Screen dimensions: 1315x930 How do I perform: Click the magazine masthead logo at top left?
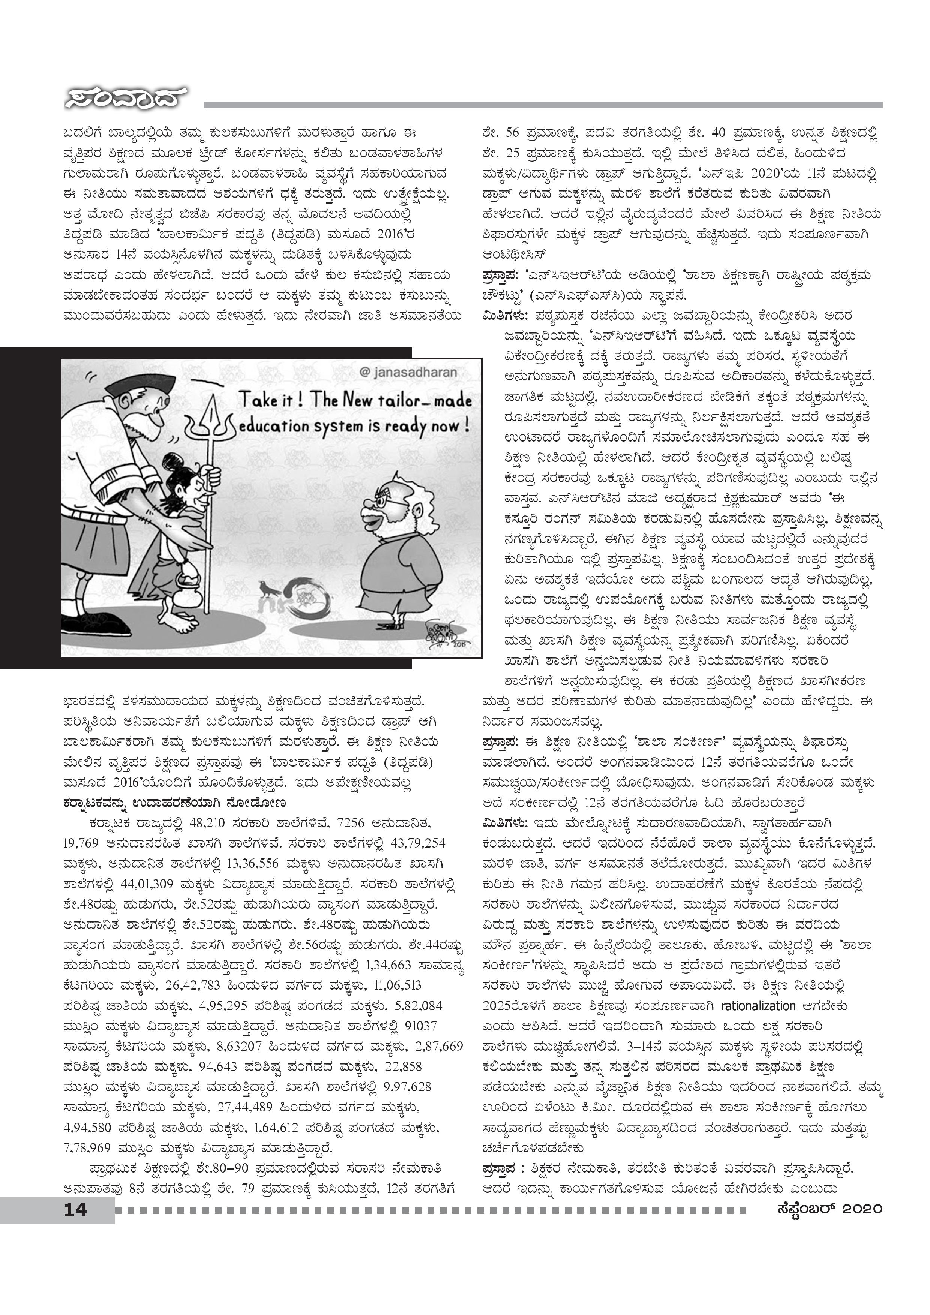(125, 99)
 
